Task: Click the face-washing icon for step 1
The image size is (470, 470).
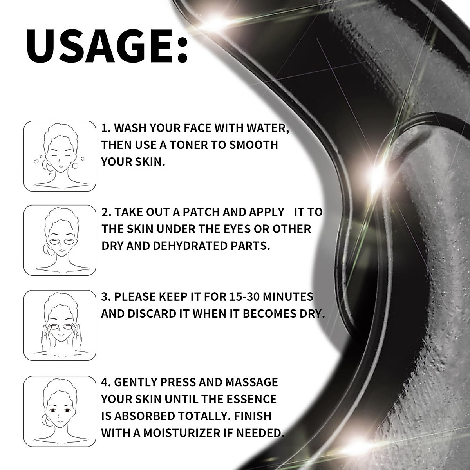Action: [60, 156]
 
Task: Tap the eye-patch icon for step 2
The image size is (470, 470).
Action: [60, 240]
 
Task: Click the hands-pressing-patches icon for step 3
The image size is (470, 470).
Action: [60, 325]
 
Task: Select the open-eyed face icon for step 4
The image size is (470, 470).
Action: [60, 411]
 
